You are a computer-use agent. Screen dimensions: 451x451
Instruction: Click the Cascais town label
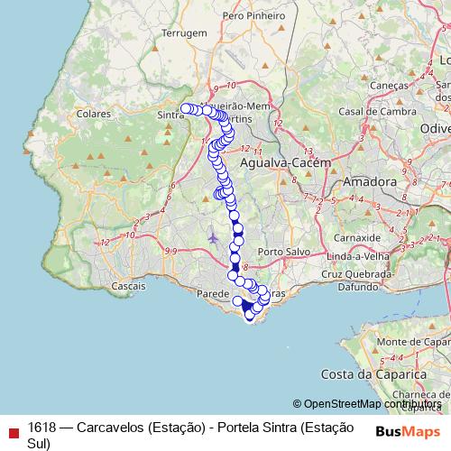[x=129, y=285]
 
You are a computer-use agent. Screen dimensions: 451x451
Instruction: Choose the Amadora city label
[x=370, y=181]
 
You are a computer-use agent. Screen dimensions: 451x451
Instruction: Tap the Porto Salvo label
[x=278, y=251]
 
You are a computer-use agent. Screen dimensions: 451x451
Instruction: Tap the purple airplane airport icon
[x=212, y=238]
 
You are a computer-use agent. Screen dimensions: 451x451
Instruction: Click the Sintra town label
[x=170, y=115]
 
